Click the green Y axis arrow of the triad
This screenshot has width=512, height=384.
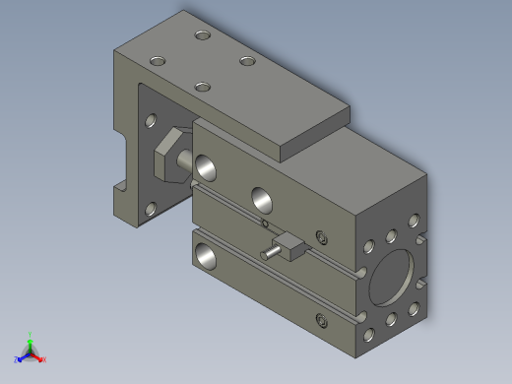click(x=31, y=337)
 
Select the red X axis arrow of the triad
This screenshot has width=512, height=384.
click(x=41, y=359)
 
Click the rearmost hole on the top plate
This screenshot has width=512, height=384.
click(x=203, y=35)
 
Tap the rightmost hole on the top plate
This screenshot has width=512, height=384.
click(x=247, y=62)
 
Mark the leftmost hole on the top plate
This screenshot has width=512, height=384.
click(x=158, y=59)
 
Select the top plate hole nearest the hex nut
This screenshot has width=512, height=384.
click(x=203, y=87)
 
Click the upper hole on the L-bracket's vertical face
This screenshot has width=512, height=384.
click(x=151, y=122)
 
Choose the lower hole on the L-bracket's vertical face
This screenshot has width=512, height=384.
click(x=151, y=208)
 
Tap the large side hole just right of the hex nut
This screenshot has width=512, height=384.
click(x=208, y=166)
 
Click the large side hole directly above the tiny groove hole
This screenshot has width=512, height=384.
click(x=264, y=198)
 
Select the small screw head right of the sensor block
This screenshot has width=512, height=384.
click(x=321, y=236)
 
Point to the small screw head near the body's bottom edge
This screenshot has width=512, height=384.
click(x=321, y=318)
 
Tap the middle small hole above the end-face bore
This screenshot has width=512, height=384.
click(x=391, y=235)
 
